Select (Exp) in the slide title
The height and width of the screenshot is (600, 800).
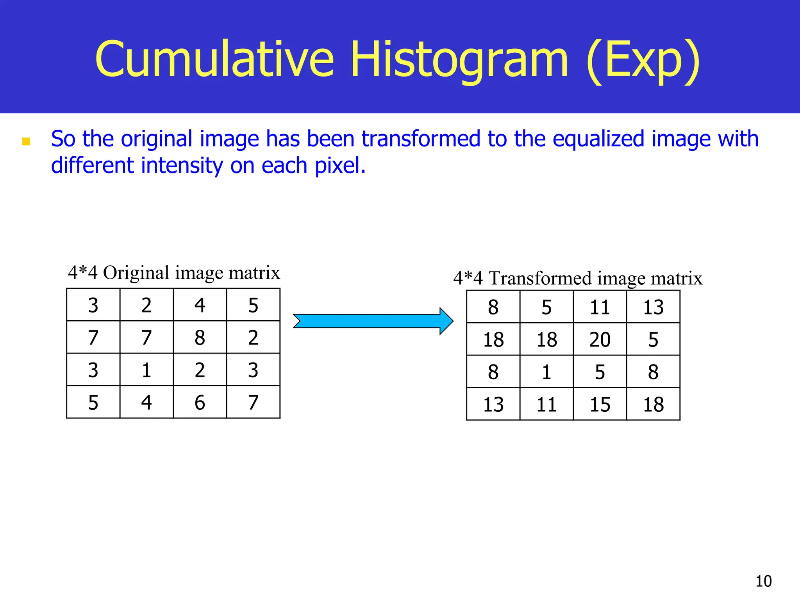point(643,61)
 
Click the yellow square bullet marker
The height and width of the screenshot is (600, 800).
point(26,141)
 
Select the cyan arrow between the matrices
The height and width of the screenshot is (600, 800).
point(373,321)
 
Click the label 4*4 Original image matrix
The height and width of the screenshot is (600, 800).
point(174,273)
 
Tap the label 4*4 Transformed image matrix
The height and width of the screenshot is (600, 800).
point(578,279)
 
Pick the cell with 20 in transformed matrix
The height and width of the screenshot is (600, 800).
point(600,339)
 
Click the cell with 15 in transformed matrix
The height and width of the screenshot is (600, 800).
point(600,404)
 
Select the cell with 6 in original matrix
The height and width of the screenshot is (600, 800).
point(200,402)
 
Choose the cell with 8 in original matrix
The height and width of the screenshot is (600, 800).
point(200,337)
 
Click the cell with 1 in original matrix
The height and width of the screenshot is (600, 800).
point(146,370)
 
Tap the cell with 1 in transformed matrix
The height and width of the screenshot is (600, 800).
point(546,371)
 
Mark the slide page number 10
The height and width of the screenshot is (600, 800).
point(763,581)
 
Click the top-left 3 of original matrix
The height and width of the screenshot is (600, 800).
point(93,305)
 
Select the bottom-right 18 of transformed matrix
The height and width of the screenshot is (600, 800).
point(653,404)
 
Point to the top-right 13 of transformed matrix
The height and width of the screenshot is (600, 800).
point(653,307)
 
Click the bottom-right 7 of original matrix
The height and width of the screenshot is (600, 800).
point(253,402)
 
